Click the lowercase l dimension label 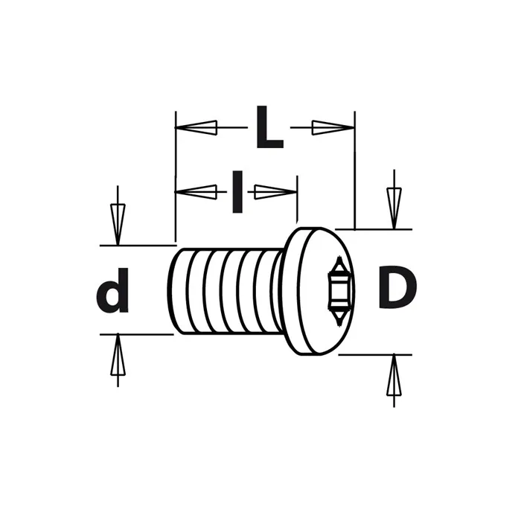click(237, 192)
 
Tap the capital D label click(397, 289)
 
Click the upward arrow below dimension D click(394, 378)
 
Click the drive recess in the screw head click(339, 290)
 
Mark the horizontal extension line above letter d click(138, 245)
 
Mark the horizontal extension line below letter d click(138, 334)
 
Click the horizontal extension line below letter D click(372, 355)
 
